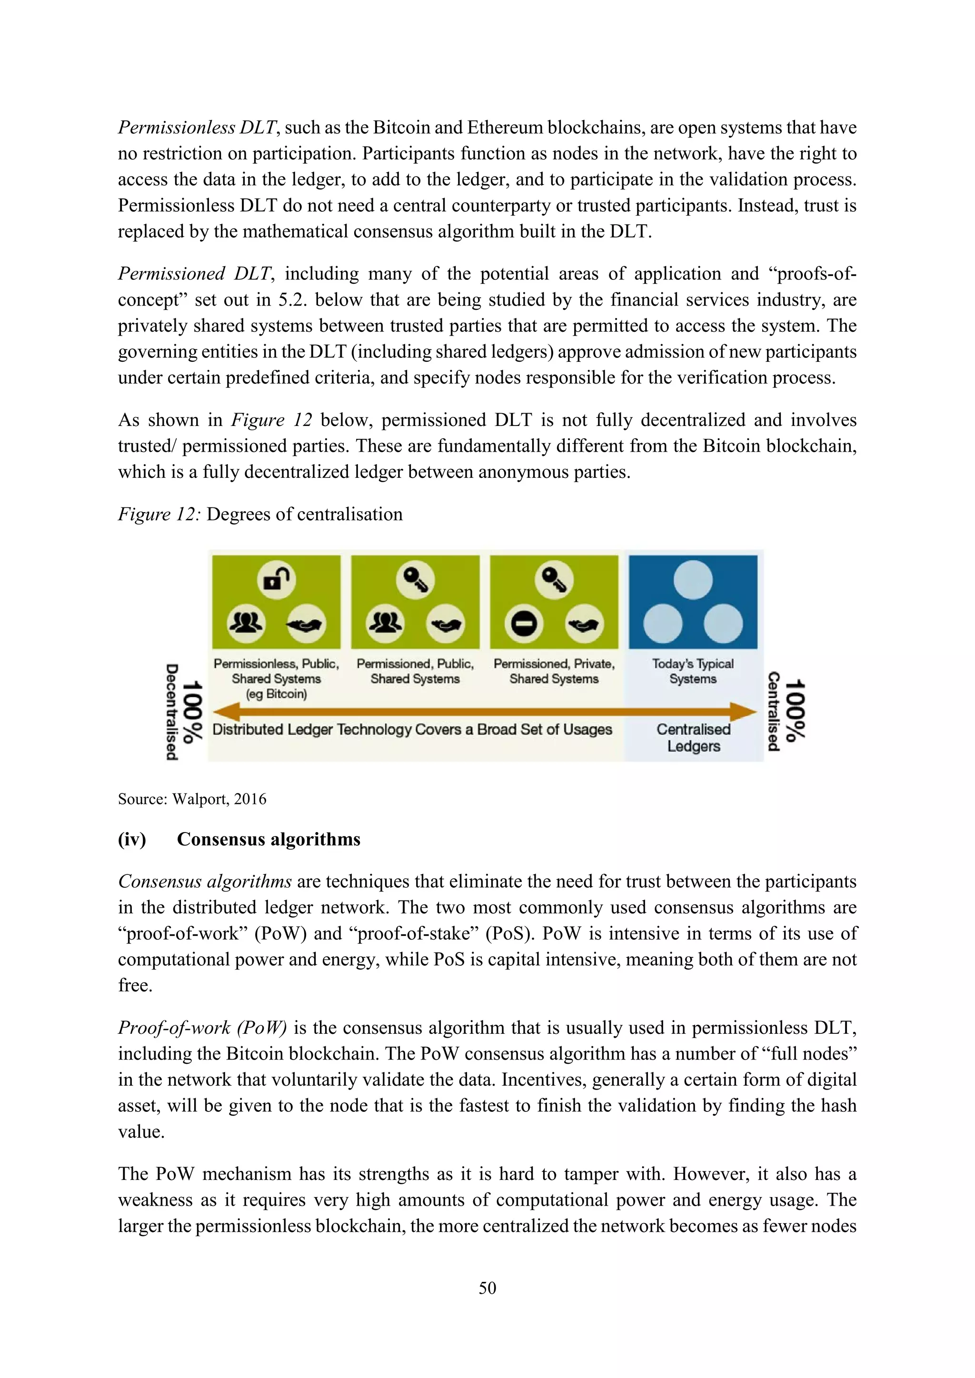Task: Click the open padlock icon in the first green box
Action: tap(276, 580)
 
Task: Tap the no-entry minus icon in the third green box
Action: tap(524, 624)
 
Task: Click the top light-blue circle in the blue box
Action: tap(693, 580)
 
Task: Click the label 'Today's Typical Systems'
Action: tap(693, 671)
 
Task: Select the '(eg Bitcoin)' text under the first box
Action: tap(276, 694)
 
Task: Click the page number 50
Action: tap(487, 1288)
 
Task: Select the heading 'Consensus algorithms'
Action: tap(269, 839)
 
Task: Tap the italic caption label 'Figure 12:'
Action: tap(159, 515)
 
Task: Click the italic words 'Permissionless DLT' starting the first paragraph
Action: tap(197, 127)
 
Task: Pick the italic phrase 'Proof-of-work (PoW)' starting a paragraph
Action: tap(202, 1028)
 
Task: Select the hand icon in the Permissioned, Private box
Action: tap(584, 624)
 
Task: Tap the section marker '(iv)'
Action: tap(132, 839)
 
